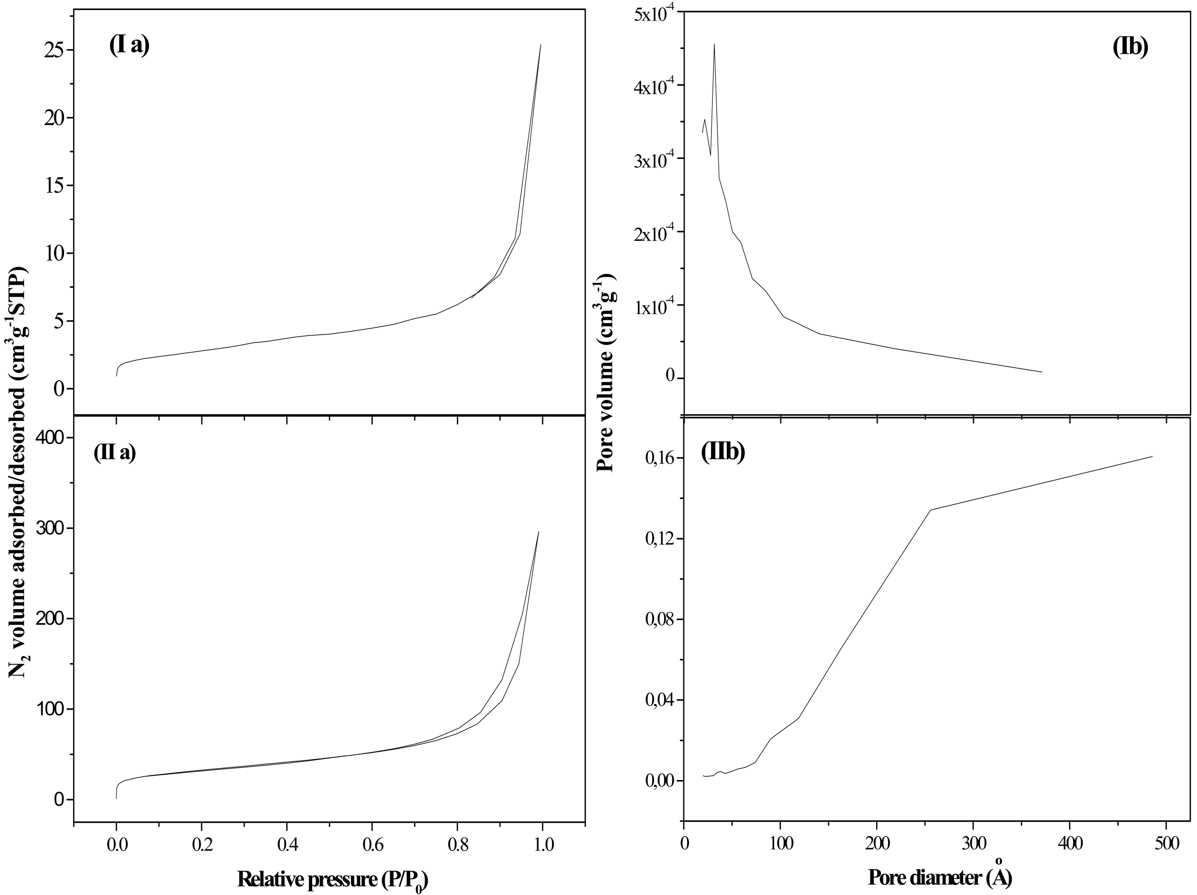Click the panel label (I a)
point(129,45)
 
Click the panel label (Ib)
point(1130,47)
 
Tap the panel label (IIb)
point(723,452)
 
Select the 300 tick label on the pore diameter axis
point(973,845)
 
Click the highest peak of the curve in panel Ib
point(714,45)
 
